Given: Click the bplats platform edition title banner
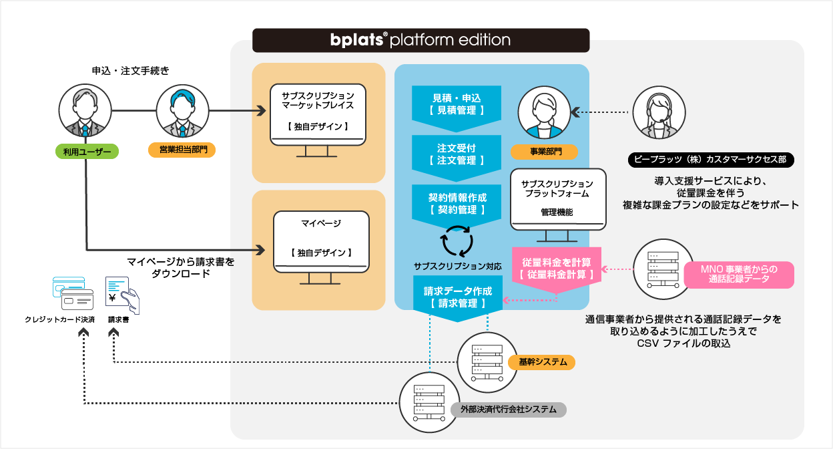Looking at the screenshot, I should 421,40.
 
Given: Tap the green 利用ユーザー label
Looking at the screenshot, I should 86,152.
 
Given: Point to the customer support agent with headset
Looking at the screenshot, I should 657,113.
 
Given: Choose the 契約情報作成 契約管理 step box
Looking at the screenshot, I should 456,203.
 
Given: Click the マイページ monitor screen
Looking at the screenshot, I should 321,239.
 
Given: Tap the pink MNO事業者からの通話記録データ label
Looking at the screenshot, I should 738,274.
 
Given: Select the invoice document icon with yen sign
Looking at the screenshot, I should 121,295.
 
